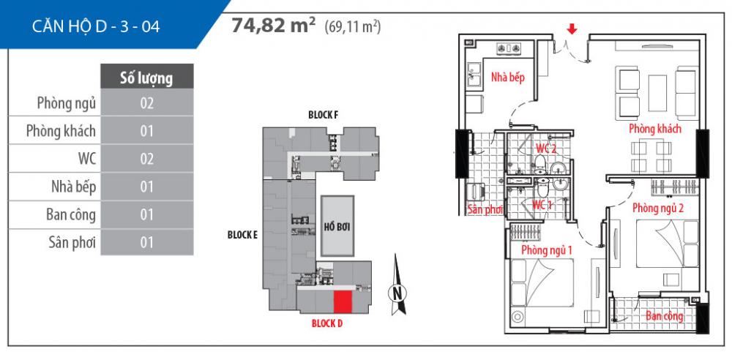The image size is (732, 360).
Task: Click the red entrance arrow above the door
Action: (572, 29)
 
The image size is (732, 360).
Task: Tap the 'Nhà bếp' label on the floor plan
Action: (508, 77)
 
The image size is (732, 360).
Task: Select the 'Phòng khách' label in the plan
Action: (654, 130)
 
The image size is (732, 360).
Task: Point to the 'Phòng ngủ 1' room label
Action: (546, 251)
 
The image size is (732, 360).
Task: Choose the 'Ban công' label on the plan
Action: (665, 316)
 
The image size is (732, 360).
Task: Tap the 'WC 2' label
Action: (546, 149)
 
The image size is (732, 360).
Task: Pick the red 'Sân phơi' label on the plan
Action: (485, 210)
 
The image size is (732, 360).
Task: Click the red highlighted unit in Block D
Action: (342, 301)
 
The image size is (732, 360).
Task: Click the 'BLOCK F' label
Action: (323, 115)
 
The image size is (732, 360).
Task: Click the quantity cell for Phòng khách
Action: (146, 131)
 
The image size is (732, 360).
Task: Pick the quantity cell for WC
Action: (146, 159)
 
